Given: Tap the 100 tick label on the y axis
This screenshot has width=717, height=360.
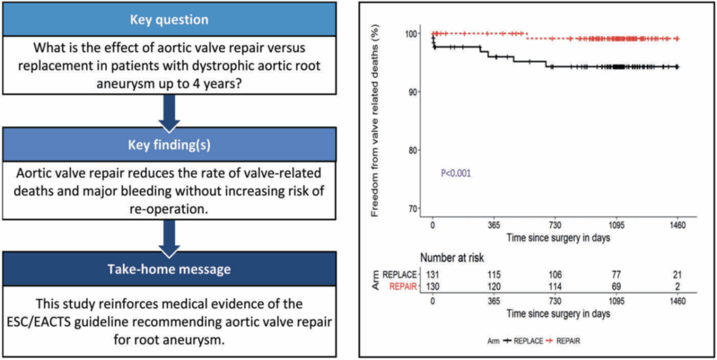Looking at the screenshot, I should [413, 34].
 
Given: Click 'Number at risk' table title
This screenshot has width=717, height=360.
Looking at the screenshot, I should [452, 258].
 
